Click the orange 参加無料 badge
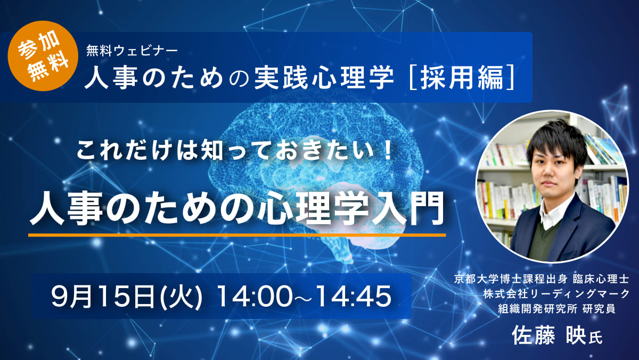pyautogui.click(x=43, y=56)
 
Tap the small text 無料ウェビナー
pyautogui.click(x=132, y=51)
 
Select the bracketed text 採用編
pyautogui.click(x=462, y=78)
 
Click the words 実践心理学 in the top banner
pyautogui.click(x=324, y=78)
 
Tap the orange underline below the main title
pyautogui.click(x=237, y=235)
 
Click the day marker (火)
pyautogui.click(x=182, y=297)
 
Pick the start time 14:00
pyautogui.click(x=255, y=297)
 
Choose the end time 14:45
pyautogui.click(x=354, y=297)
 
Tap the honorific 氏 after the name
pyautogui.click(x=595, y=338)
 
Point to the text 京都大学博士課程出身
pyautogui.click(x=511, y=279)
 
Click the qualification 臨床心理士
pyautogui.click(x=601, y=279)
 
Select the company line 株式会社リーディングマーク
pyautogui.click(x=556, y=294)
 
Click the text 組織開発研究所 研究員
pyautogui.click(x=556, y=308)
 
